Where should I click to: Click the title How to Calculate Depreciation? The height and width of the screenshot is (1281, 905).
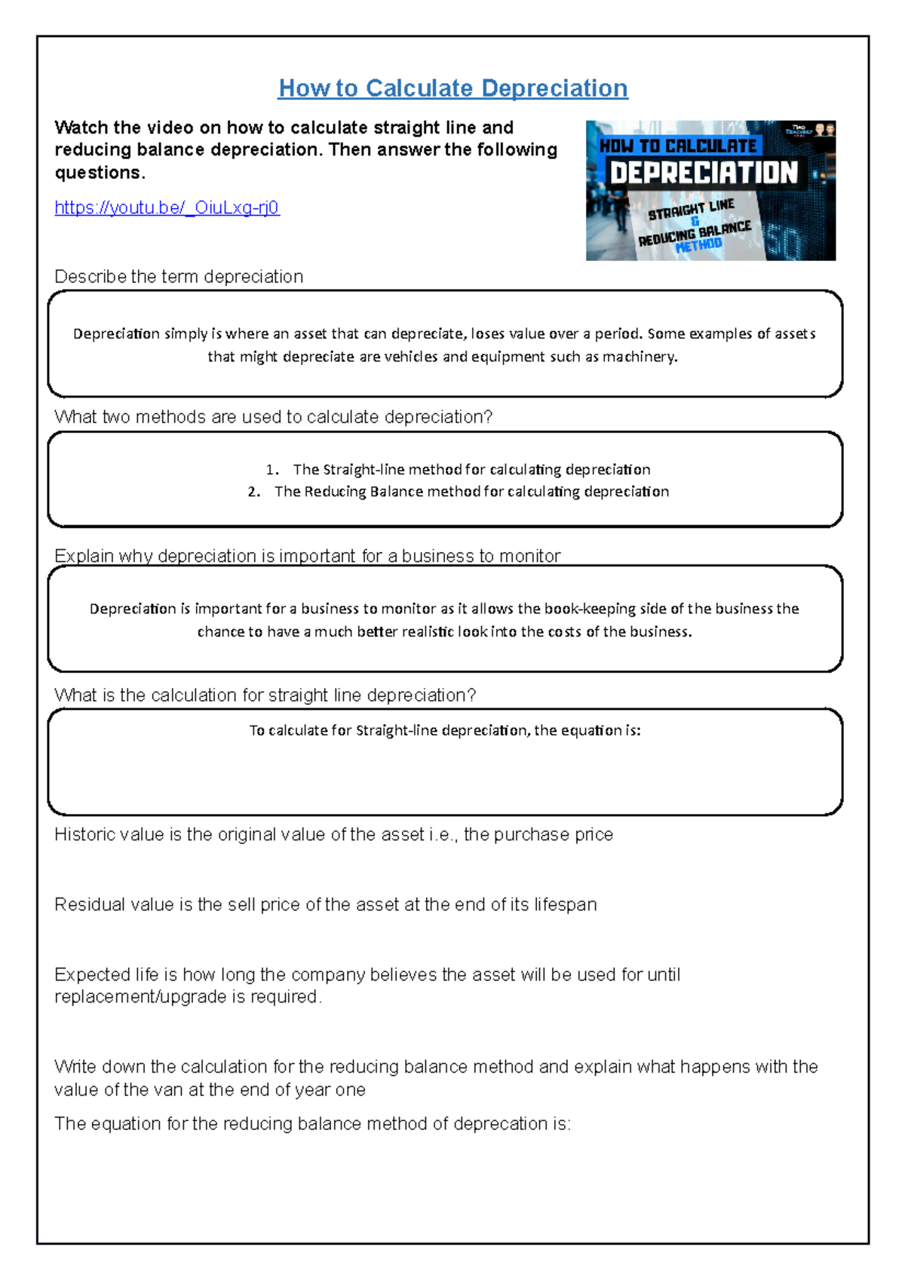coord(452,88)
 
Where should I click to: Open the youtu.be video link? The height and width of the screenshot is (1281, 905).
coord(167,207)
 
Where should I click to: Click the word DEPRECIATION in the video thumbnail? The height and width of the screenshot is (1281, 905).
coord(703,173)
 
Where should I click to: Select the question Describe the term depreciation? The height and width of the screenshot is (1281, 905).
coord(179,277)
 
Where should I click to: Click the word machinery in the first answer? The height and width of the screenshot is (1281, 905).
coord(639,357)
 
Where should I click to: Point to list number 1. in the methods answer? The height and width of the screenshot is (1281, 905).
coord(271,470)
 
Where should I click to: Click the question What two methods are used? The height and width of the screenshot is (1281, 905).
coord(273,417)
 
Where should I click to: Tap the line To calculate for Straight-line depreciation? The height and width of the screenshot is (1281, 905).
coord(445,730)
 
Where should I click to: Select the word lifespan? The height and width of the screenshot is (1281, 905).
coord(565,905)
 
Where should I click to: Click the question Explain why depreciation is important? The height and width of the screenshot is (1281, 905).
coord(307,556)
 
